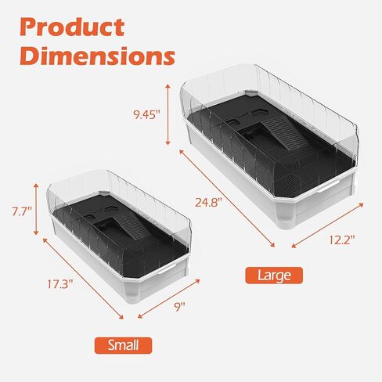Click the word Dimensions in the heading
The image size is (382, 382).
(97, 56)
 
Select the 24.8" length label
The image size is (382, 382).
(208, 201)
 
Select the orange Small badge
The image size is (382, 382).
(124, 344)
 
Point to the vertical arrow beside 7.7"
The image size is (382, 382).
(35, 211)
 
